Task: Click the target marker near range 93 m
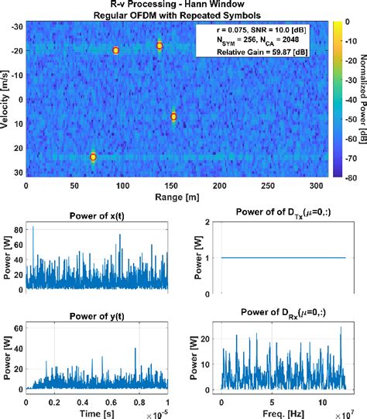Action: [115, 50]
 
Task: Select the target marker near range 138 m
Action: [159, 46]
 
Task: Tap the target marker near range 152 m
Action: [173, 116]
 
